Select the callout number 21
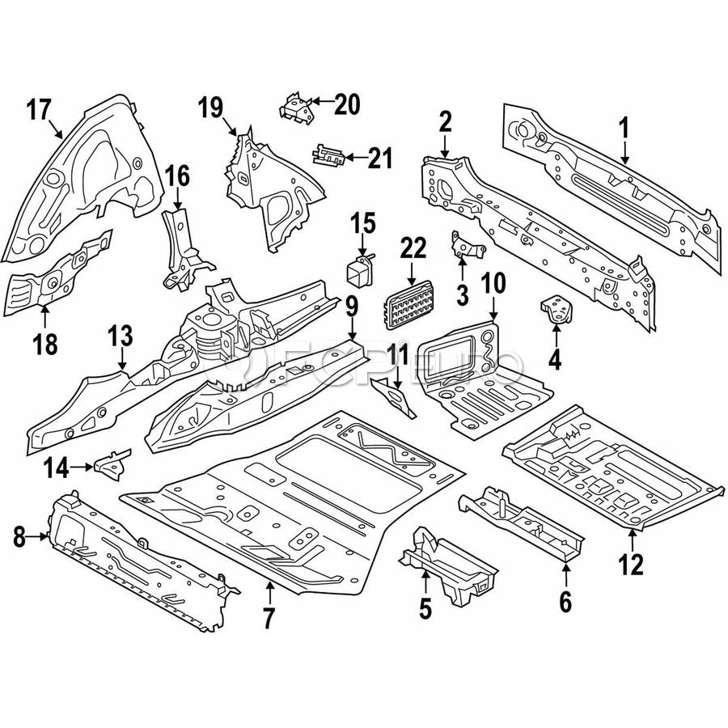click(379, 158)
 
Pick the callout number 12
click(632, 563)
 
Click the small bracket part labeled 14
click(111, 463)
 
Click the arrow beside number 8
click(40, 534)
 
